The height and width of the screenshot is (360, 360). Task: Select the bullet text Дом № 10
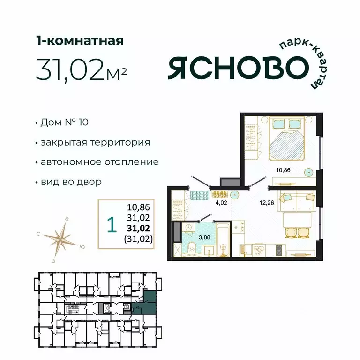[x=64, y=123]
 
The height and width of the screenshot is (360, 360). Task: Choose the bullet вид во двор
[x=71, y=182]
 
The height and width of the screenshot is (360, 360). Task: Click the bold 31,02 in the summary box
[x=140, y=228]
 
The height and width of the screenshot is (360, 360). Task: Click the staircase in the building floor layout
[x=72, y=310]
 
